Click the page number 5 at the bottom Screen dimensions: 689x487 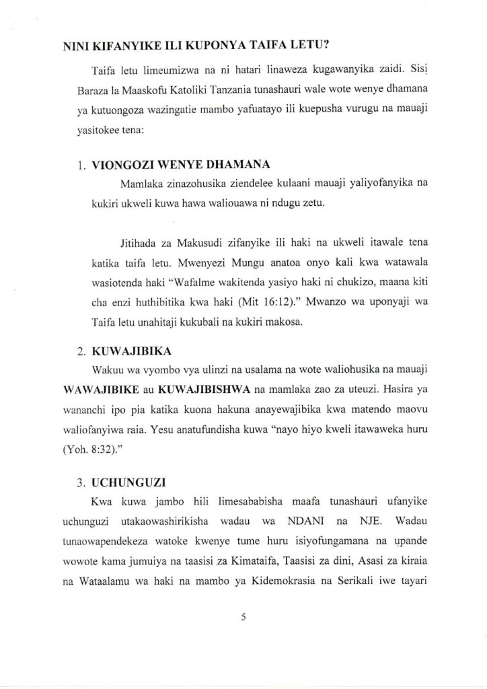click(243, 622)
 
